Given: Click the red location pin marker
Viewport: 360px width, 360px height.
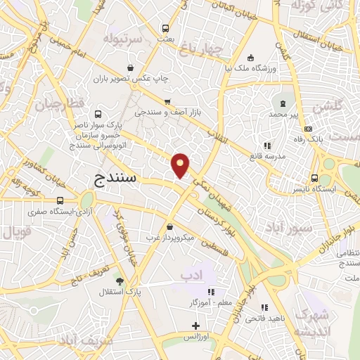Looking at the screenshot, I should (x=181, y=166).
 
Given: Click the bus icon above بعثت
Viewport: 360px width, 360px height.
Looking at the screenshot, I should (x=165, y=29).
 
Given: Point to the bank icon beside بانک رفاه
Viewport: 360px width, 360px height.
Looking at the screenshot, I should (x=308, y=129).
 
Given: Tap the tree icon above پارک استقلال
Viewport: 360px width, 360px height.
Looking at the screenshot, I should (x=128, y=280).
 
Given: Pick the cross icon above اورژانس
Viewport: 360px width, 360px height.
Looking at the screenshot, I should (x=196, y=326).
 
